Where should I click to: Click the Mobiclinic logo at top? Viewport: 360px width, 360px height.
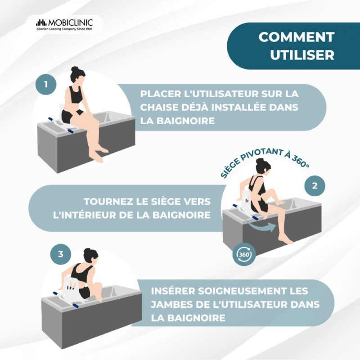point(64,25)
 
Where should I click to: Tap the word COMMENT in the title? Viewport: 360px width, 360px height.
point(297,37)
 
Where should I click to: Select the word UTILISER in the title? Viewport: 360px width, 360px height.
point(302,55)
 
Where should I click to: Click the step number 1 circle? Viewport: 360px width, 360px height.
point(46,84)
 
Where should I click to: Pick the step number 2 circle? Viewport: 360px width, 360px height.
point(315,186)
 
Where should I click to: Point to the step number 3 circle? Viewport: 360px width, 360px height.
point(61,254)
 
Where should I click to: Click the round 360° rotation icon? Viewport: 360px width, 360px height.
point(244,254)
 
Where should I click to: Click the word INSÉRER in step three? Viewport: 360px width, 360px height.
point(173,291)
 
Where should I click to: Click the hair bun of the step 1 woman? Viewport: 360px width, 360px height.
point(75,69)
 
